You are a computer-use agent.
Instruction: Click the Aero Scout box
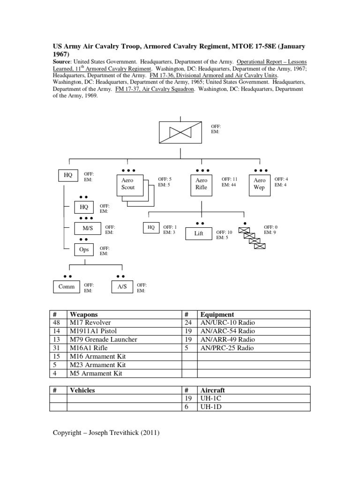coord(127,184)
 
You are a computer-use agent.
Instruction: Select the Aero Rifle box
coord(201,184)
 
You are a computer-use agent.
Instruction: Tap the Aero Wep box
coord(259,184)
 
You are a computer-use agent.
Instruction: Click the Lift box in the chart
coord(199,233)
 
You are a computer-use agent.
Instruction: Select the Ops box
coord(84,250)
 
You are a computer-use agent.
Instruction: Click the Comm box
coord(66,287)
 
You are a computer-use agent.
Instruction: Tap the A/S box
coord(121,287)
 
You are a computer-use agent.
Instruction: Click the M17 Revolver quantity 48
coord(58,322)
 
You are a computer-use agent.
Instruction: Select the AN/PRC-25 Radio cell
coord(227,348)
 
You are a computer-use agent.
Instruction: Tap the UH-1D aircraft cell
coord(211,407)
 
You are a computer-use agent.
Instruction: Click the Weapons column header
coord(84,315)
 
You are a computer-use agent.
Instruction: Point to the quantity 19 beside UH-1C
coord(189,398)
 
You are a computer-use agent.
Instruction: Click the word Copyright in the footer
coord(67,433)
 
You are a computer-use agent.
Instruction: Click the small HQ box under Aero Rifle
coord(151,228)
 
